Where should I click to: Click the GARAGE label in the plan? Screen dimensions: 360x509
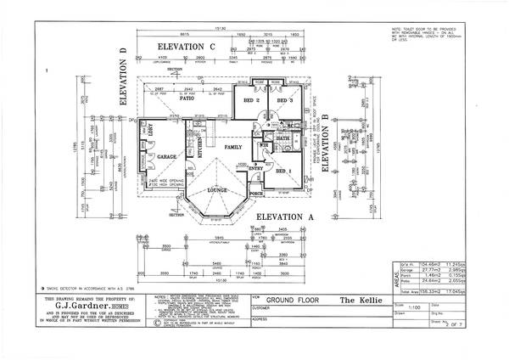pos(166,157)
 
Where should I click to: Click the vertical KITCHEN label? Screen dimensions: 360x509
pos(199,148)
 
